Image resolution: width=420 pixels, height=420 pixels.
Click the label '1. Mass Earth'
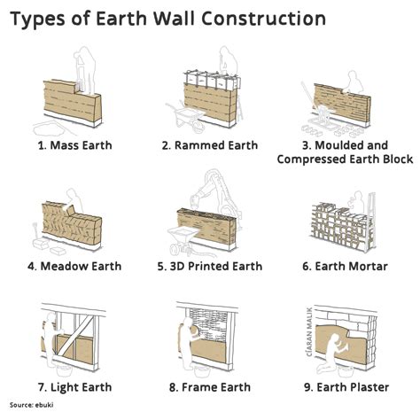pyautogui.click(x=74, y=144)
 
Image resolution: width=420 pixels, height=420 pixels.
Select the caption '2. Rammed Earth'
pyautogui.click(x=210, y=144)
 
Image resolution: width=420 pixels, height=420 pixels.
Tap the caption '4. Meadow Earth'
pyautogui.click(x=74, y=266)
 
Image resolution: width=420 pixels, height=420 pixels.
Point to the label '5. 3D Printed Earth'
pyautogui.click(x=210, y=266)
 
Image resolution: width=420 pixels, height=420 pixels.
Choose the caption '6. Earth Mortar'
pyautogui.click(x=346, y=266)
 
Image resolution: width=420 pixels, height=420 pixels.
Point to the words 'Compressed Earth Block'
pyautogui.click(x=346, y=159)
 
